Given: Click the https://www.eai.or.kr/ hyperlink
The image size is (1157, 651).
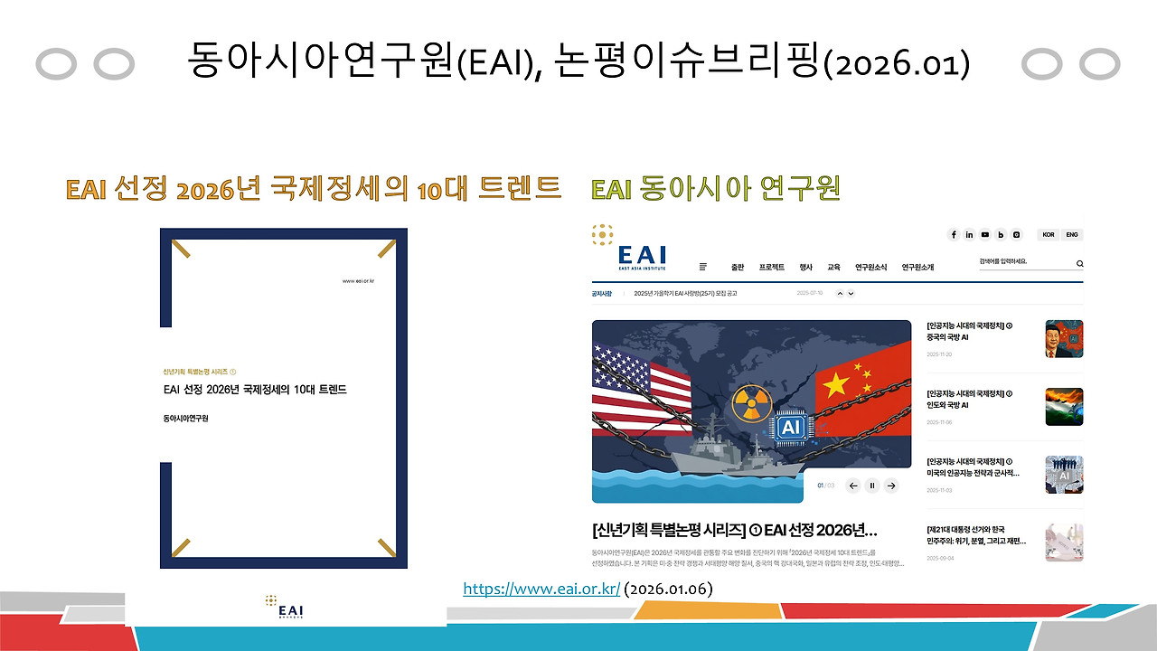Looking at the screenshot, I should point(541,590).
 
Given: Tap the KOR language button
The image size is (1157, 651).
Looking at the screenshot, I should point(1049,235).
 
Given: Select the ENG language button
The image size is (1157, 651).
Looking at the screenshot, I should point(1072,235).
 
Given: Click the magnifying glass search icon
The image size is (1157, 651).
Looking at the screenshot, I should point(1079,264).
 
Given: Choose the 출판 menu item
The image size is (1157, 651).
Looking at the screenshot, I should point(738,268).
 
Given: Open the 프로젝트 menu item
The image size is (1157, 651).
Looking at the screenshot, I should point(771,268).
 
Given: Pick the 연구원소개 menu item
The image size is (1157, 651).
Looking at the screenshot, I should point(917,268).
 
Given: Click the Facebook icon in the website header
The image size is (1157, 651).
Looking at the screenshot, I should point(954,235).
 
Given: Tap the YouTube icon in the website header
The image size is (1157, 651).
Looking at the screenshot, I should point(985,235).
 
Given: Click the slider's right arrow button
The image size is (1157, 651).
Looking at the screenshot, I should point(891,486).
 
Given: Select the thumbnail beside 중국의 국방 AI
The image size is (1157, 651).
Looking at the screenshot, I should point(1064,339).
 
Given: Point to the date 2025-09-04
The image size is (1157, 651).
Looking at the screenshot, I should point(939,558).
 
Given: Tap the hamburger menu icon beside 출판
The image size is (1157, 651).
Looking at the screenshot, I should point(703,267).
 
